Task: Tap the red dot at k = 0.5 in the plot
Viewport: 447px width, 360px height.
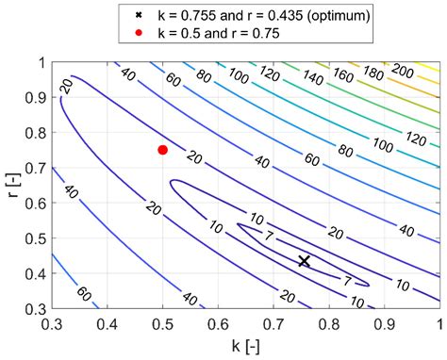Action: pyautogui.click(x=162, y=150)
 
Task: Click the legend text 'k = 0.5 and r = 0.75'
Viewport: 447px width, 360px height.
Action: pyautogui.click(x=219, y=34)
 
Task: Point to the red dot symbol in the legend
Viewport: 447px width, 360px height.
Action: pyautogui.click(x=138, y=34)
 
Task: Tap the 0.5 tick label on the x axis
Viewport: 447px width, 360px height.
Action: pyautogui.click(x=162, y=324)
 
